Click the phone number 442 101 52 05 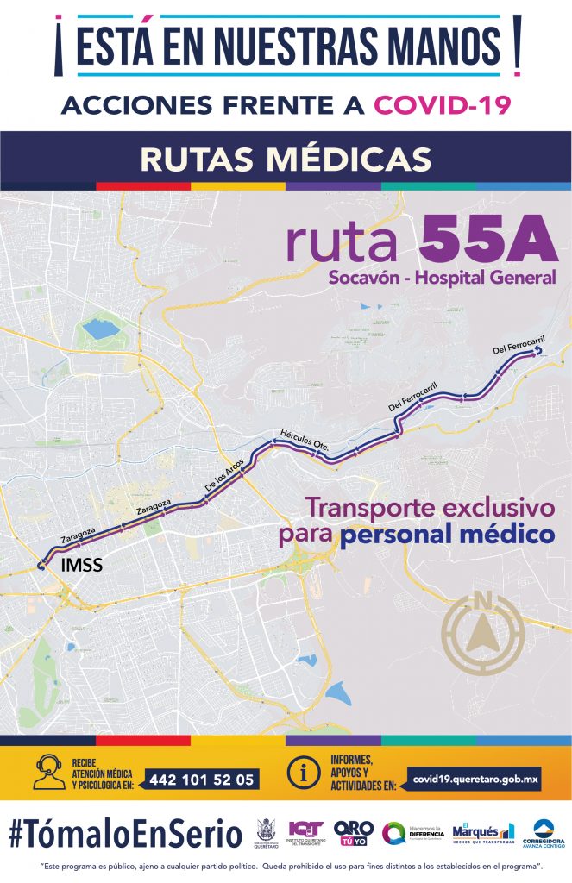202,780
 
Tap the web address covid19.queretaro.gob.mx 475,779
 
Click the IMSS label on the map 82,567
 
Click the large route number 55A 488,241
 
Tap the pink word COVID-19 443,105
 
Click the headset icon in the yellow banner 47,772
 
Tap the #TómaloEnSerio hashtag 125,834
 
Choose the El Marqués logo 483,833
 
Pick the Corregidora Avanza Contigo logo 549,833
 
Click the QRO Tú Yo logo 354,833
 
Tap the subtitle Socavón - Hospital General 442,278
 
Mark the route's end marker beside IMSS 41,565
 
